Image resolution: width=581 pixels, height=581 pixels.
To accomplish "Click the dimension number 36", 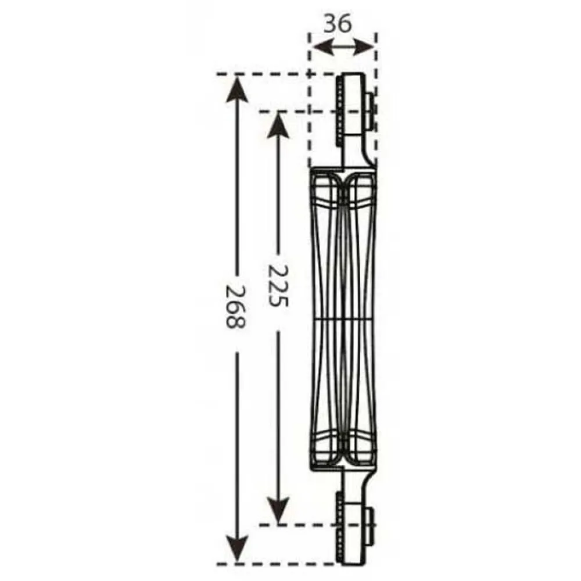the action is pos(338,24).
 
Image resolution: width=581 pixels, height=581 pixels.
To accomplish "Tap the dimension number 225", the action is pos(278,285).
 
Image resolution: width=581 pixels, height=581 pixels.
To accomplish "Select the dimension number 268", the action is pos(236,306).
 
